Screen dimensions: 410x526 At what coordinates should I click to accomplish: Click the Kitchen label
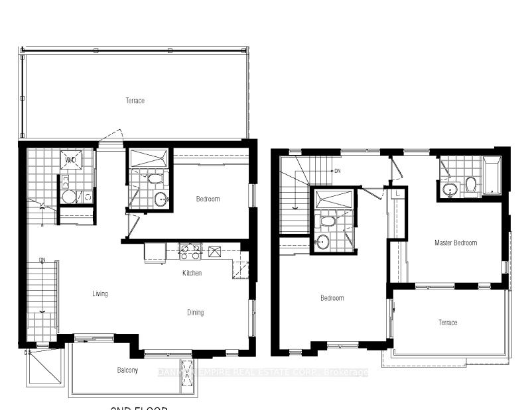coord(192,273)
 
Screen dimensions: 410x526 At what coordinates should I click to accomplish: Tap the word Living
coord(100,293)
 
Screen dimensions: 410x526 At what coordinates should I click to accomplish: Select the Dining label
coord(195,313)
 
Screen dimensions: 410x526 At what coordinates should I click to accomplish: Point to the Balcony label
coord(127,370)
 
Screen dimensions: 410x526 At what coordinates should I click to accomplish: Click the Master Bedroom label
coord(456,243)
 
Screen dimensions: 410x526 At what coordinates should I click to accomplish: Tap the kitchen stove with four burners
coord(190,252)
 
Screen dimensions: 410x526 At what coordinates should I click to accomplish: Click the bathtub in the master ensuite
coord(492,176)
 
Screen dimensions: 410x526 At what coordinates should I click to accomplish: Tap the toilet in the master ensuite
coord(470,183)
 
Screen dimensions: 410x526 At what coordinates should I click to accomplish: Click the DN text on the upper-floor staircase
coord(337,172)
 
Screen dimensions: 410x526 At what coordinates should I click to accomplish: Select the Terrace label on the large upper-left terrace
coord(135,101)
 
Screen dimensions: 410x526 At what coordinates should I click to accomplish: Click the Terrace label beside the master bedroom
coord(448,323)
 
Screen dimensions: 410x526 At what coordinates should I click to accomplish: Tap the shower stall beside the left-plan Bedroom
coord(149,159)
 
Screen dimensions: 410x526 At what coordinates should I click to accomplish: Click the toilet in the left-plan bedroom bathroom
coord(155,179)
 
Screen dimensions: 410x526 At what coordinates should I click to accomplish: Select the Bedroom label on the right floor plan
coord(332,298)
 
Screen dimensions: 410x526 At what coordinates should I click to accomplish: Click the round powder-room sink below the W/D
coord(68,197)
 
